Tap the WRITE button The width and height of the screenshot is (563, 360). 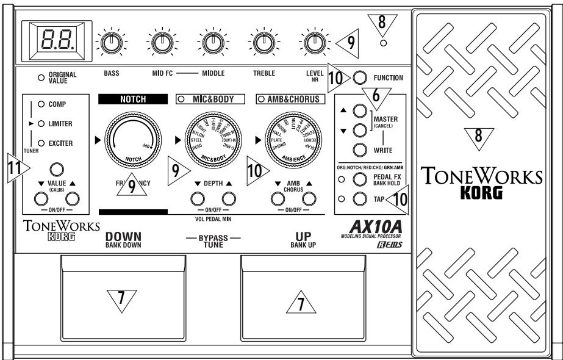(x=359, y=150)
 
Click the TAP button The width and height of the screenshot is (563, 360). (x=359, y=198)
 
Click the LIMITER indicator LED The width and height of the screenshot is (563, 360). (x=41, y=124)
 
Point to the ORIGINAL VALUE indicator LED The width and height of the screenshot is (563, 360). (x=41, y=77)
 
